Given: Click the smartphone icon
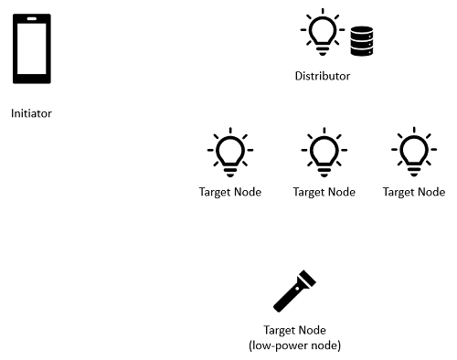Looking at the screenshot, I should [31, 51].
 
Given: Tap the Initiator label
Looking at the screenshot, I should [31, 114].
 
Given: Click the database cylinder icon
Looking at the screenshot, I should [362, 41].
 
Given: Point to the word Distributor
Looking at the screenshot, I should [322, 77].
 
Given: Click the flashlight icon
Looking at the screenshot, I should [294, 292].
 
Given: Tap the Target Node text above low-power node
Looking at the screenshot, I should [294, 331].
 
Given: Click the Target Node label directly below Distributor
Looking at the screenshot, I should [324, 193].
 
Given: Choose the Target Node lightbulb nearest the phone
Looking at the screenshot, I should [230, 152].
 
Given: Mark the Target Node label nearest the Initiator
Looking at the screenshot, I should [230, 193].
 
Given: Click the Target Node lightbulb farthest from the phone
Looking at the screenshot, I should [413, 152].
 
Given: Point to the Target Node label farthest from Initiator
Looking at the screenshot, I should [414, 193].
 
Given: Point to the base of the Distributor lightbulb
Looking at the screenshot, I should [322, 46].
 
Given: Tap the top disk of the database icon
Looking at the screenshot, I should [362, 30].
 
